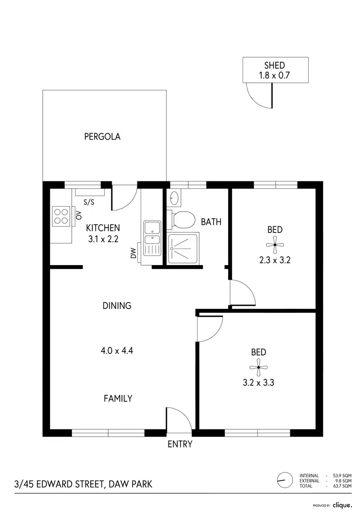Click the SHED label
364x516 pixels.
(x=275, y=65)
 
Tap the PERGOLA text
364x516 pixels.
(x=102, y=137)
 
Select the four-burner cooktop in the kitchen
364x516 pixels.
(x=61, y=216)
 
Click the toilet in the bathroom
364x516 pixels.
(x=182, y=219)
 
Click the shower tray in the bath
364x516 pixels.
(x=183, y=248)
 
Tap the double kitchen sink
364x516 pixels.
(x=152, y=238)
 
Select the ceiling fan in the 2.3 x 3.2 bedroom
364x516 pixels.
(x=275, y=245)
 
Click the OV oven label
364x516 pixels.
(x=78, y=215)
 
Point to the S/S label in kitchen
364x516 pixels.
(x=89, y=202)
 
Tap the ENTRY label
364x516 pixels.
(x=180, y=444)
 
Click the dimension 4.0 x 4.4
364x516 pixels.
(x=117, y=350)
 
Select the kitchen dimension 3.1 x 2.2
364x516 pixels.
(x=102, y=239)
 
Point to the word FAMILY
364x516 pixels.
(x=118, y=398)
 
